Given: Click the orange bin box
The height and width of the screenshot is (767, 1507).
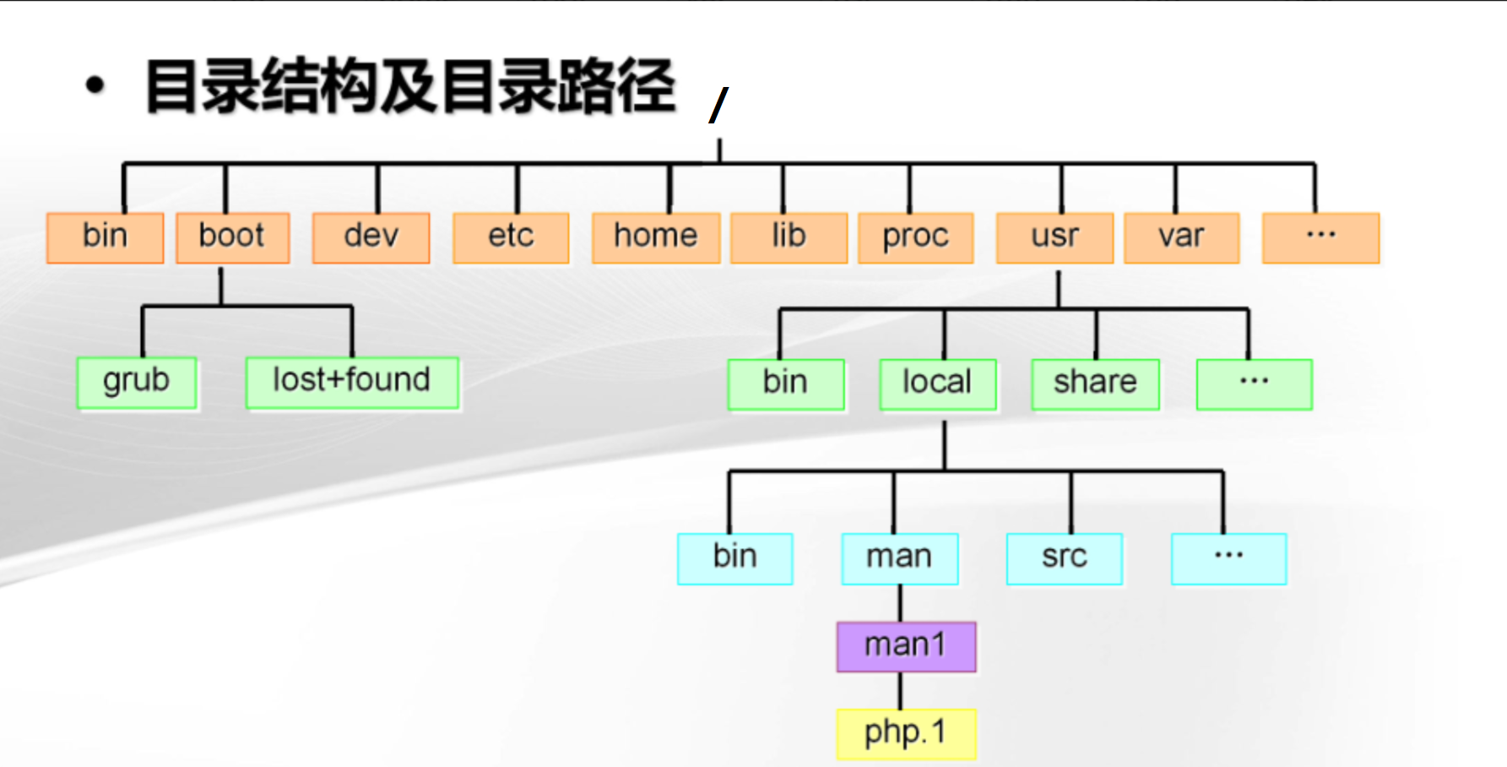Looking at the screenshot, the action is coord(106,238).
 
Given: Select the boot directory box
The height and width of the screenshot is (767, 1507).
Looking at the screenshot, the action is coord(233,238).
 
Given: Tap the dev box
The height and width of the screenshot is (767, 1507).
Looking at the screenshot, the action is coord(371,238).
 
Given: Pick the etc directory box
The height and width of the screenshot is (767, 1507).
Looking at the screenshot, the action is coord(511,238).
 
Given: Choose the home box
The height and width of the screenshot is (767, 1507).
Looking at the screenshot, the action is coord(656,238).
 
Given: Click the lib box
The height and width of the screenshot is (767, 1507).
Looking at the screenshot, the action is coord(789,238).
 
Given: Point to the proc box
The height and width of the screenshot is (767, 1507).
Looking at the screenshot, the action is coord(916,238).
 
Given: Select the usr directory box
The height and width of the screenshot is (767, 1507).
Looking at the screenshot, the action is coord(1055,238).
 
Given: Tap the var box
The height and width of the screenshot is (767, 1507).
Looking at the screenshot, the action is coord(1182,238).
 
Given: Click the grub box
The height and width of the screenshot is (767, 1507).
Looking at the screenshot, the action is coord(137,383).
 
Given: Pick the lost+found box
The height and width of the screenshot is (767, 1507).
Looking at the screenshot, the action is coord(352,383).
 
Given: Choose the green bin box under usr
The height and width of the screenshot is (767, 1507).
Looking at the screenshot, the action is coord(786,384).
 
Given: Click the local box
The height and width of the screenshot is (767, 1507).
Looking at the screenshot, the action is coord(938,384).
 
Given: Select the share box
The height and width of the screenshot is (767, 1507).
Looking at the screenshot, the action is coord(1096,384).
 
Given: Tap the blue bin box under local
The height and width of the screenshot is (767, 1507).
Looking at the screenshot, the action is coord(735,558).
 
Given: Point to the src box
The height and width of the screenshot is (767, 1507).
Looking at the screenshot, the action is coord(1065,558).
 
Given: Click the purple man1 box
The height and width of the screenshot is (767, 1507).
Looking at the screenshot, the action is coord(907,647).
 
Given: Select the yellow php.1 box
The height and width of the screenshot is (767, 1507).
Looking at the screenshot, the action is coord(907,734).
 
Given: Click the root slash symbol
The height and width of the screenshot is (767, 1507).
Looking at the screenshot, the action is coord(719,105).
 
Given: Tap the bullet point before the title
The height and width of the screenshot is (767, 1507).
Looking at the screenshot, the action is coord(95,85).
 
